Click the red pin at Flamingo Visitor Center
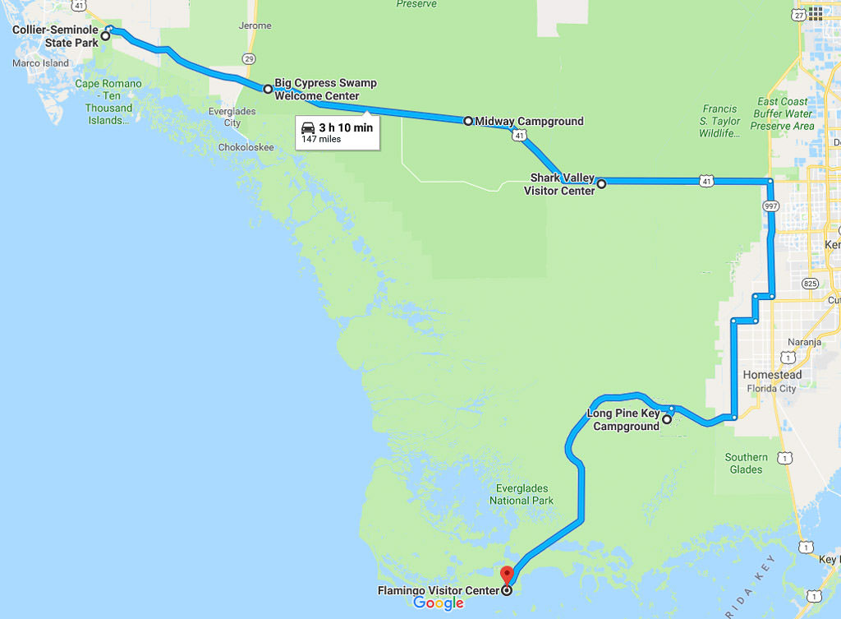(507, 575)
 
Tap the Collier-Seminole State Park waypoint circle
(105, 35)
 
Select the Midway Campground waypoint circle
(468, 121)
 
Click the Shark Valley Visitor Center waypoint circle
(601, 184)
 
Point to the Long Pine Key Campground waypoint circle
(667, 419)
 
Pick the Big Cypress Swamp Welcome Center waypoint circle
(268, 89)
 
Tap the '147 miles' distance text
(321, 139)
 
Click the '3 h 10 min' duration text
(346, 127)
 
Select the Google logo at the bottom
(439, 603)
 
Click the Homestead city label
(772, 375)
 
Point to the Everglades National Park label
(522, 495)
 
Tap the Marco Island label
(40, 63)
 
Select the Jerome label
(255, 25)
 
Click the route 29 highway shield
(249, 58)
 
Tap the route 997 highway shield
(770, 205)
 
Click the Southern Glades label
(747, 464)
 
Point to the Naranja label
(804, 342)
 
